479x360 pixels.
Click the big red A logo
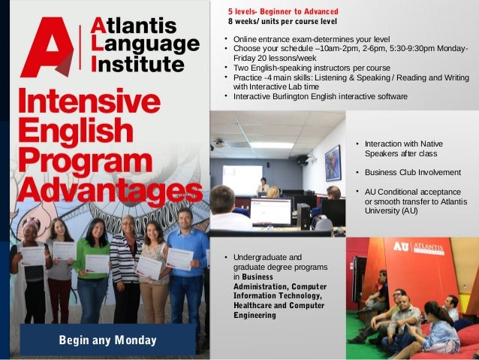(47, 47)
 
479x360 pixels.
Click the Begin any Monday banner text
(108, 340)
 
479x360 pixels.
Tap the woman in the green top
(94, 267)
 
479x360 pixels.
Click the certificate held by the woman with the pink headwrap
(32, 256)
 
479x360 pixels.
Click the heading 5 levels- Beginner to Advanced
(283, 11)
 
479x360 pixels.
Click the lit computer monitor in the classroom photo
(270, 212)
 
